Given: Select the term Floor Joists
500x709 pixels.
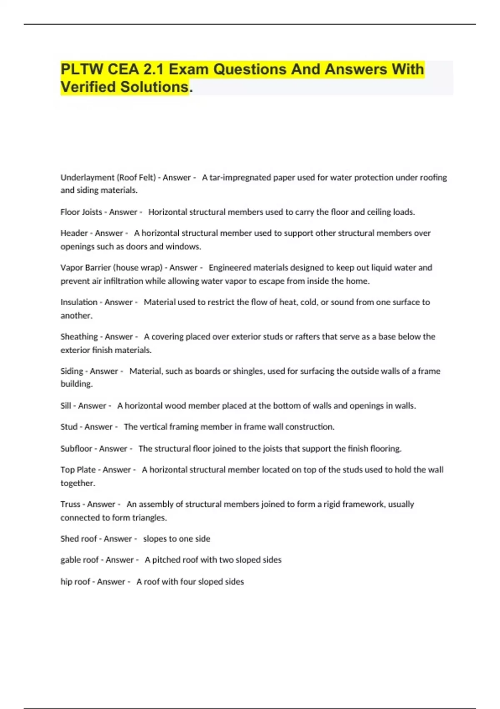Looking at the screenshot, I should coord(81,212).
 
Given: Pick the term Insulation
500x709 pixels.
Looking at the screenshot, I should coord(79,302).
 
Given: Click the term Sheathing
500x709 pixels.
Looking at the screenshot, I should coord(79,337).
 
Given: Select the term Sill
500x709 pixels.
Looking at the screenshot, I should coord(66,406).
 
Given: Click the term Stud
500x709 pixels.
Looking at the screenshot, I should coord(69,427).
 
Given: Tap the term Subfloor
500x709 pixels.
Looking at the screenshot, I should coord(76,449).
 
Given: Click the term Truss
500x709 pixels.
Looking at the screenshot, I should coord(70,504).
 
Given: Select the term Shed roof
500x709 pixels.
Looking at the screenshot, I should coord(79,539).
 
